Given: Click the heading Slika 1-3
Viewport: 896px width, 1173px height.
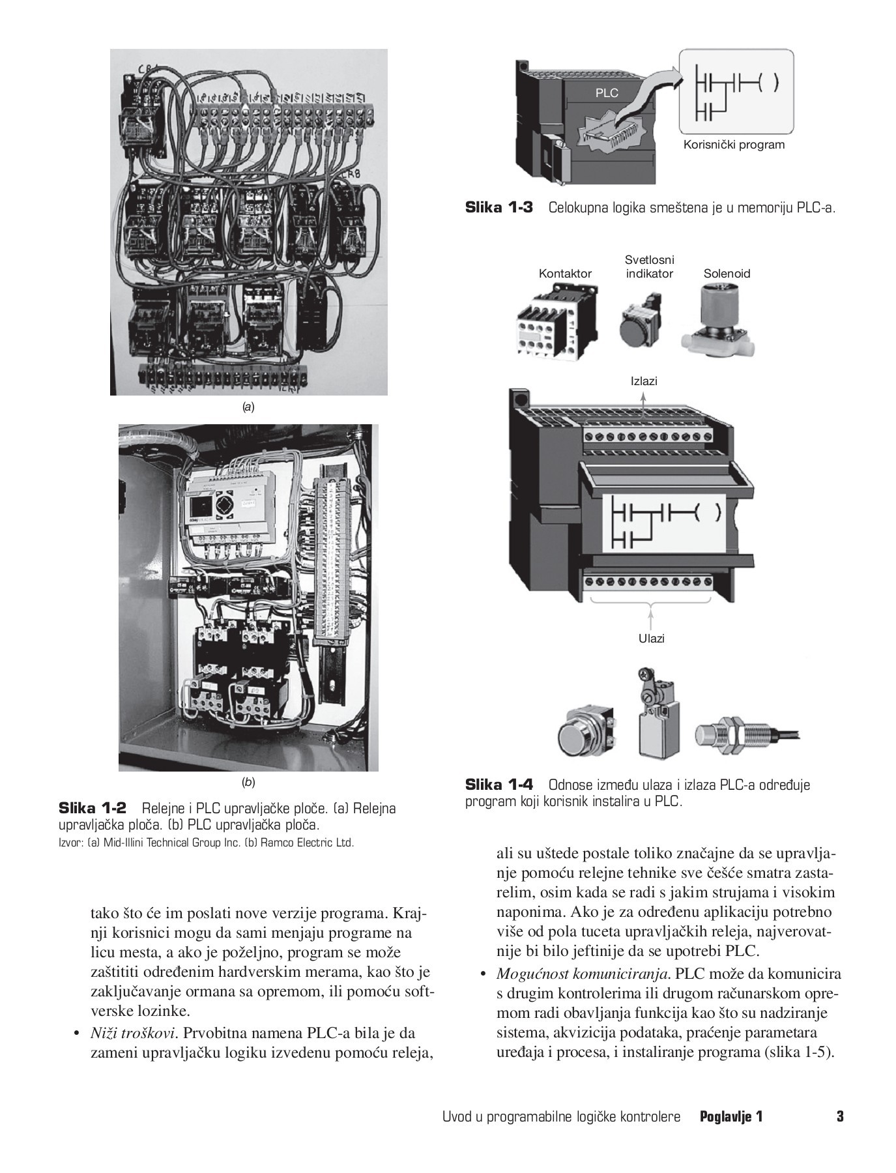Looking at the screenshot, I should tap(499, 208).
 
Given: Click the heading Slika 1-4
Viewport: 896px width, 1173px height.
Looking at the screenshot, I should tap(499, 785).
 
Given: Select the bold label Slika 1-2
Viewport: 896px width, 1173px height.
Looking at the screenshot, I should tap(92, 808).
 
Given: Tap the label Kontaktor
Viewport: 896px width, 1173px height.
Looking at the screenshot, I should tap(565, 274).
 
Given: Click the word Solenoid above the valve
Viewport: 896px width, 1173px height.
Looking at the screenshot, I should tap(727, 274).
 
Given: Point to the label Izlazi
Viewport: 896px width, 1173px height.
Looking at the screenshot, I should tap(644, 381).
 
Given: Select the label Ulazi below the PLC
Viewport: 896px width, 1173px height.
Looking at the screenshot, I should tap(651, 639).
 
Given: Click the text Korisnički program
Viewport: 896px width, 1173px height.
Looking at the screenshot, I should tap(734, 145).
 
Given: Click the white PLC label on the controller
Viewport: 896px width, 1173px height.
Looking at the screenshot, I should tap(606, 93).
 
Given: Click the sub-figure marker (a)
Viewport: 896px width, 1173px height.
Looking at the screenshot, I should tap(248, 407).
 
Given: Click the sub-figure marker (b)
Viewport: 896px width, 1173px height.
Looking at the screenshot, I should tap(248, 782).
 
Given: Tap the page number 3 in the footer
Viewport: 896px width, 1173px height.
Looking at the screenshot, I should tap(840, 1116).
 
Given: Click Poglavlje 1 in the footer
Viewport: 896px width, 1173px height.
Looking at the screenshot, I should tap(730, 1116).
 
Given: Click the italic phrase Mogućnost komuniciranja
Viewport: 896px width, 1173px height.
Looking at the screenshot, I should tap(583, 974).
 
